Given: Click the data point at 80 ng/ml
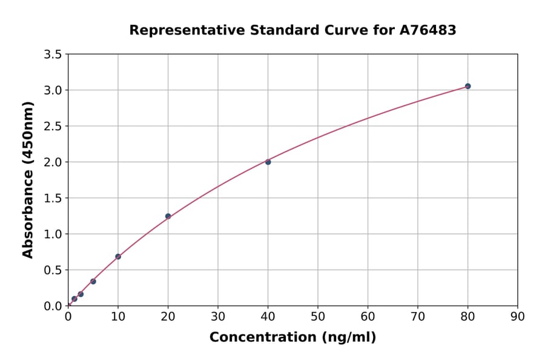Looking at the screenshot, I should point(467,86).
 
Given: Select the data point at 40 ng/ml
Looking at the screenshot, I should point(268,162).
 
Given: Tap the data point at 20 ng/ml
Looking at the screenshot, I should point(168,216).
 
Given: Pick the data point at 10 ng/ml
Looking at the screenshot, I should point(118,256).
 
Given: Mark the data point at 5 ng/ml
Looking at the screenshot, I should point(93,281).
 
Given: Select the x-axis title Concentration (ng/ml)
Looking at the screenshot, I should point(292,337).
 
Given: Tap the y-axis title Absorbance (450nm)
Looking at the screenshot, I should point(28,180).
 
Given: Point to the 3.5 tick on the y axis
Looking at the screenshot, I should point(53,55).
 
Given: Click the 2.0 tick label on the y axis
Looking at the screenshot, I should point(53,162).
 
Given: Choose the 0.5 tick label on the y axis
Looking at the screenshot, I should point(53,270).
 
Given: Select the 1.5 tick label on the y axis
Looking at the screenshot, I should point(53,198).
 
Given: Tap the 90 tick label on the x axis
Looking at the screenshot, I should point(517,316).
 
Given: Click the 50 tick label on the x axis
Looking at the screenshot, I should point(318,316).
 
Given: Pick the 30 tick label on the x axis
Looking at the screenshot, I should point(218,316).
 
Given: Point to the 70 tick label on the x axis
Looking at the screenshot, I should point(418,316).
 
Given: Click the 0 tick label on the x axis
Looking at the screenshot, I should point(68,316).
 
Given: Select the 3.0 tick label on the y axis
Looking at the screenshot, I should point(53,90).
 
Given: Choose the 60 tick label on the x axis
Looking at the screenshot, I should point(368,316).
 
